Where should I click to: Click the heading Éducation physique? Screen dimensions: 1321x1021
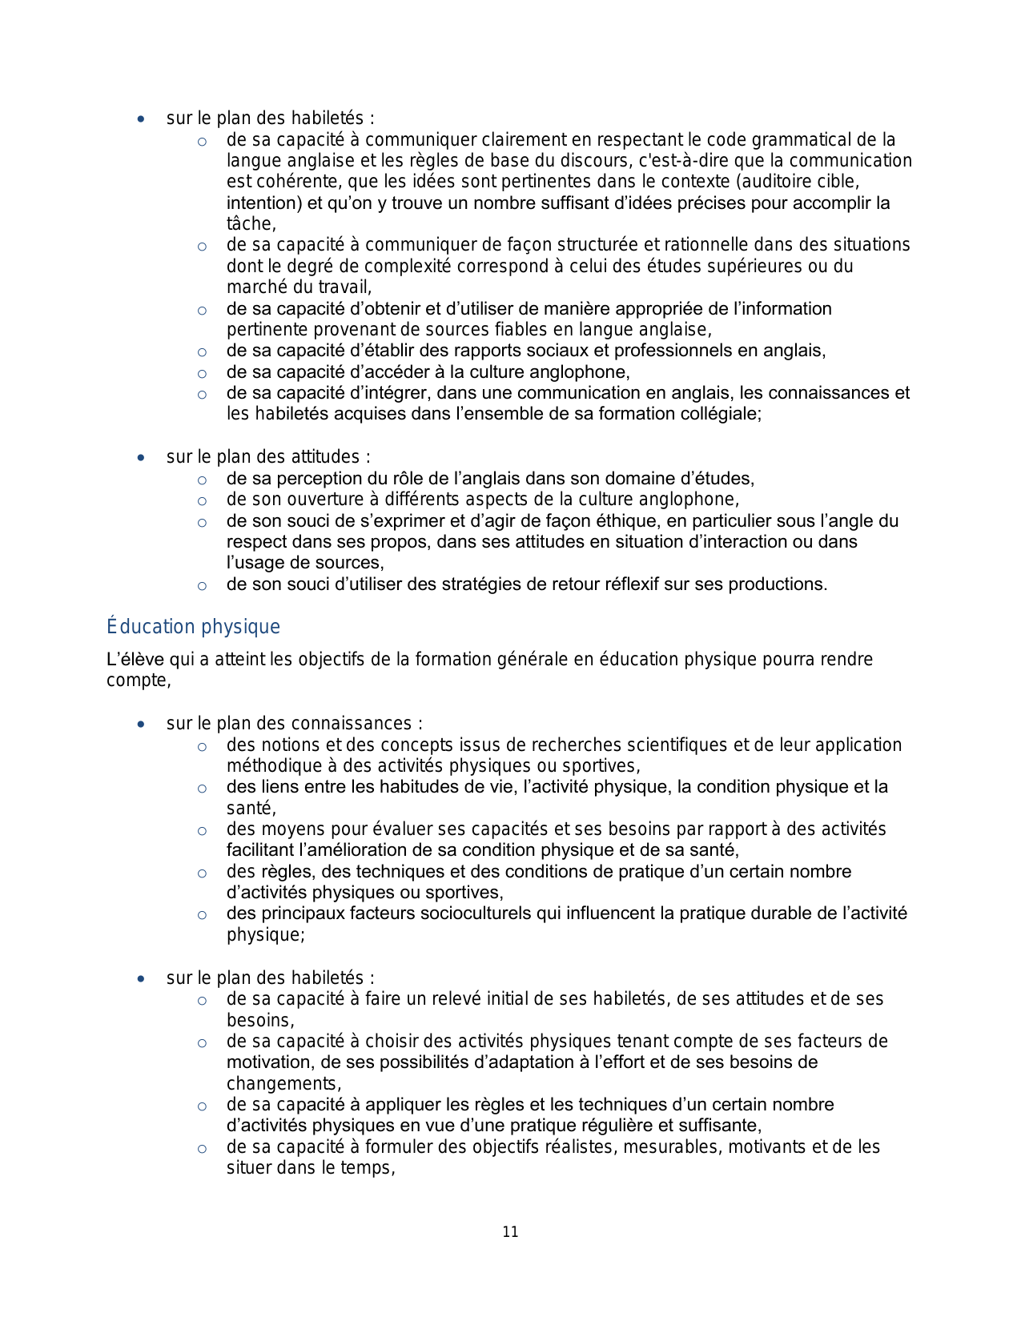click(x=193, y=626)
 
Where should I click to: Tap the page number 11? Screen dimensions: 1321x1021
click(x=510, y=1232)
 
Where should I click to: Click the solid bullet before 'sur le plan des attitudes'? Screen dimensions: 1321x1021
click(x=141, y=458)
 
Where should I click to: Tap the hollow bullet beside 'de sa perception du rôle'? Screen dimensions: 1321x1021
click(x=202, y=480)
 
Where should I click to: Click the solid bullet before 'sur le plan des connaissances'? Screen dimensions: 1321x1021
click(x=141, y=725)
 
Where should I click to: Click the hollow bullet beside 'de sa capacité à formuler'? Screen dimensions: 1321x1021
click(x=202, y=1149)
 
